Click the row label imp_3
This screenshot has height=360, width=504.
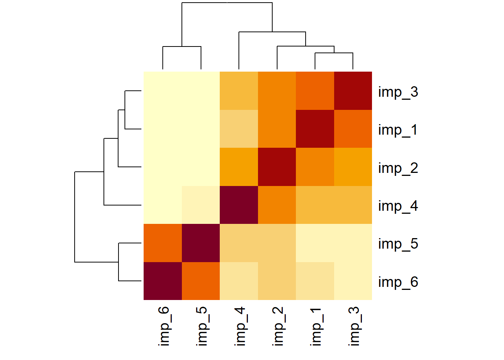pos(398,92)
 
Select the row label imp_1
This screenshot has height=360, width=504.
pos(398,130)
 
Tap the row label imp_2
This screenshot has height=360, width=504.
pos(398,168)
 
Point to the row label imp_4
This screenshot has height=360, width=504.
pos(398,206)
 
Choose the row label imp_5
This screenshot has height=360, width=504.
pos(398,244)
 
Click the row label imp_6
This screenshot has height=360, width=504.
pos(398,282)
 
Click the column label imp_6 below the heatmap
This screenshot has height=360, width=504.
pos(164,326)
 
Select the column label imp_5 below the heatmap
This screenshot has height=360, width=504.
pos(202,326)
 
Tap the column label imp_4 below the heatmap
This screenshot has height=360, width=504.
pos(240,326)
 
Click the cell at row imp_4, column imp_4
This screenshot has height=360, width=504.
pos(239,205)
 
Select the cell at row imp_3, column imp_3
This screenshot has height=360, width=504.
pos(353,91)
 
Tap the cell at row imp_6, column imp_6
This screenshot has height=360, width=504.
pos(163,281)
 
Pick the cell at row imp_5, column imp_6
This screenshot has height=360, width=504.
pos(163,243)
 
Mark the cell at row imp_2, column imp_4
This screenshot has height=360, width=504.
pos(239,167)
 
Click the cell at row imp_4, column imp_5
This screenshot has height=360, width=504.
pos(201,205)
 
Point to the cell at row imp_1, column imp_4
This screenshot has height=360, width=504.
pos(239,129)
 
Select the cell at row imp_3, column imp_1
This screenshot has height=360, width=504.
pos(315,91)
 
